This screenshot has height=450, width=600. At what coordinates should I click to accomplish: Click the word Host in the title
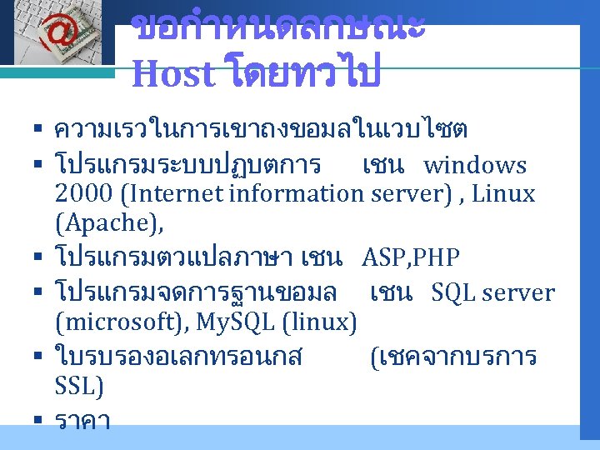click(172, 74)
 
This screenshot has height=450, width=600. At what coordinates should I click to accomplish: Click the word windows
click(475, 166)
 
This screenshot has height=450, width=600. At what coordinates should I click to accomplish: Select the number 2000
click(83, 194)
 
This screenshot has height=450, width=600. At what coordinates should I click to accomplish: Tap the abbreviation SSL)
click(79, 386)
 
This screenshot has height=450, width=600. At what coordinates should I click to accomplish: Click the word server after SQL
click(517, 292)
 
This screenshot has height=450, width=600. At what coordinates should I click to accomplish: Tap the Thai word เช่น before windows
click(384, 166)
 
